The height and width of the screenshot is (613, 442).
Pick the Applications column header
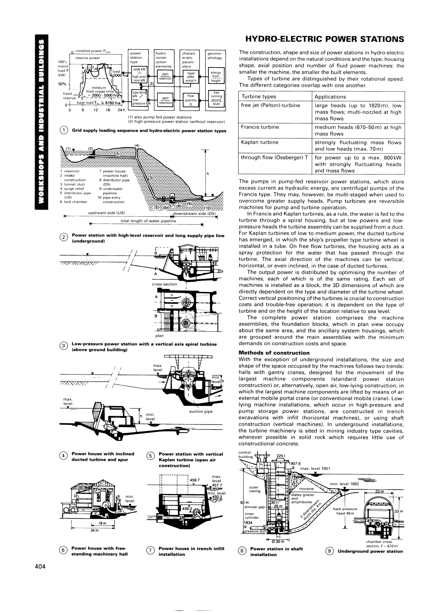pyautogui.click(x=330, y=97)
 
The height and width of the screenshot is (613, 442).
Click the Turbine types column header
pyautogui.click(x=259, y=97)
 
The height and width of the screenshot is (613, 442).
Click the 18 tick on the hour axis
pyautogui.click(x=108, y=110)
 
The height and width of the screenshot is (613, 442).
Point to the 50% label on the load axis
pyautogui.click(x=62, y=84)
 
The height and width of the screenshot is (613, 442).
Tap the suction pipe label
pyautogui.click(x=201, y=411)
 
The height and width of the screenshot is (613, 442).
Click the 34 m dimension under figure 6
pyautogui.click(x=94, y=530)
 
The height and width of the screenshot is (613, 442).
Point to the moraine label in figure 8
pyautogui.click(x=306, y=489)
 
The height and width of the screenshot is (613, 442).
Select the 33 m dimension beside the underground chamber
pyautogui.click(x=399, y=511)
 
